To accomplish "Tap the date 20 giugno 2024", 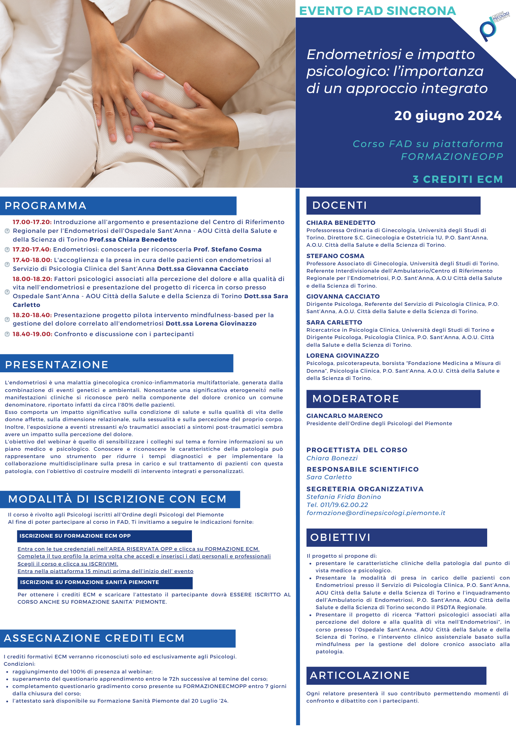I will point(448,116).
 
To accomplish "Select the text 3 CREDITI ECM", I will point(458,179).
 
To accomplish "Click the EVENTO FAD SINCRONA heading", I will point(377,11).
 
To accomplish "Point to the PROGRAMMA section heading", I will point(46,205).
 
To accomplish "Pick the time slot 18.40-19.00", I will point(32,334).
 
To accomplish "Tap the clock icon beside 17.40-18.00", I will point(7,264).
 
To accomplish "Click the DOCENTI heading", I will point(339,205).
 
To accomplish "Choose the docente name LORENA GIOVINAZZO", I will point(343,356).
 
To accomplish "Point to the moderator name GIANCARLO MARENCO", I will point(344,416).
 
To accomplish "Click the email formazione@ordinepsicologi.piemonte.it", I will point(376,513).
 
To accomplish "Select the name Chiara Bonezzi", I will point(332,458).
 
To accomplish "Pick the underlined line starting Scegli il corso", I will point(68,564).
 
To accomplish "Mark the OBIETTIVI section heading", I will point(340,537).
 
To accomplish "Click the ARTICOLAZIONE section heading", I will point(360,675).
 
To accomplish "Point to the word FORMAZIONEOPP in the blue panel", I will point(452,157).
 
